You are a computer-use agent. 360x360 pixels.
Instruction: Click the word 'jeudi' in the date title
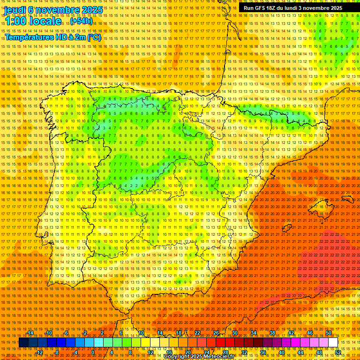point(15,9)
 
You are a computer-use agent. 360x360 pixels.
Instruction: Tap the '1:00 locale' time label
point(33,21)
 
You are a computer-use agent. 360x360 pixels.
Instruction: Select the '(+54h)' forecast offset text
point(82,21)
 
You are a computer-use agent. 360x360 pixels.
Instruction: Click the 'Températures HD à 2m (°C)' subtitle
point(53,37)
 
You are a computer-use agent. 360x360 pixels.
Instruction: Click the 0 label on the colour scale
point(93,352)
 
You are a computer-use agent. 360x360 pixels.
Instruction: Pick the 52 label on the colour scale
point(338,352)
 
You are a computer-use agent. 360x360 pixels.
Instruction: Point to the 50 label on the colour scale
point(329,333)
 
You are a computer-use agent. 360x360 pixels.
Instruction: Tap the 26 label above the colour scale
point(216,333)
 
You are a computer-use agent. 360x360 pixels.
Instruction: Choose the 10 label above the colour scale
point(141,333)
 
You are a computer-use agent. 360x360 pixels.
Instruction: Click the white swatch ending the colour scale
point(333,343)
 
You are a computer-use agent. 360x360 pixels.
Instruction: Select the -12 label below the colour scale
point(39,352)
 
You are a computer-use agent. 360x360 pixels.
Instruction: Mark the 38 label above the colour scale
point(272,333)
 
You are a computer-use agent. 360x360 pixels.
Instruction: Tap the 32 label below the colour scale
point(244,352)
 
